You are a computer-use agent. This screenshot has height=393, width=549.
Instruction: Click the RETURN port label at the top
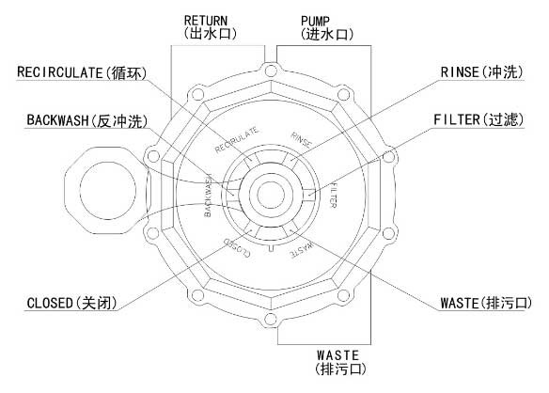[x=210, y=27]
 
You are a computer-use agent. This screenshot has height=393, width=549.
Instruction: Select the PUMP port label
[x=326, y=27]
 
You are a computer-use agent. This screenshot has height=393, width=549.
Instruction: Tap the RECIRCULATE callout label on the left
[x=82, y=72]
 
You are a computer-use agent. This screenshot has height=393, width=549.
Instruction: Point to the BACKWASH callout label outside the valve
[x=87, y=120]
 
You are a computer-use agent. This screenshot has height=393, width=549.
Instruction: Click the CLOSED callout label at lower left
[x=71, y=303]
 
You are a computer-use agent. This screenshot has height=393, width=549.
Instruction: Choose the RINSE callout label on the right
[x=481, y=72]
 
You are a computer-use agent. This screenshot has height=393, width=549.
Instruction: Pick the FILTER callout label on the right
[x=478, y=119]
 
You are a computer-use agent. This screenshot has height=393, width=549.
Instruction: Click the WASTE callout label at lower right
[x=486, y=303]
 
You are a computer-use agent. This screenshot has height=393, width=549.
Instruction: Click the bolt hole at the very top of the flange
[x=271, y=71]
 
